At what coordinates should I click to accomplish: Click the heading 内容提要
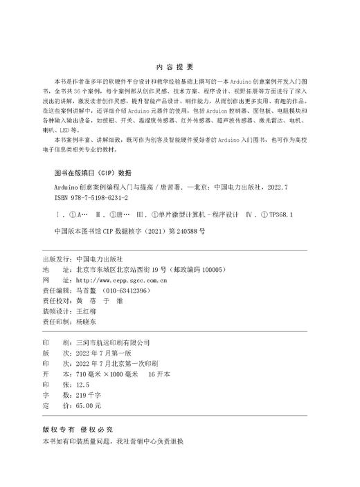179,67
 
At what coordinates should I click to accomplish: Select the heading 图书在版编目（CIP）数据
91,172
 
